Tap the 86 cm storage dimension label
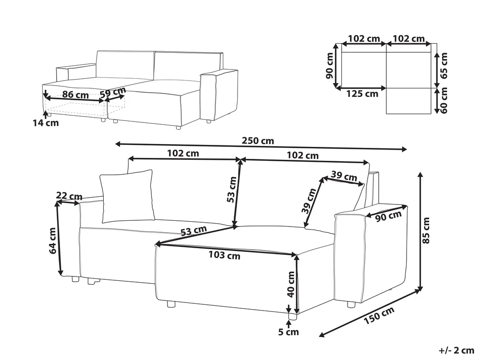coord(75,95)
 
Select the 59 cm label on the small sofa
coord(113,92)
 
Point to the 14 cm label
coord(46,123)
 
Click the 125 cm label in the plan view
coord(362,94)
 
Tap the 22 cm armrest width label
coord(69,196)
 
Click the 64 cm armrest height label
coord(52,240)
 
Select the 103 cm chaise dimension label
coord(225,255)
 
